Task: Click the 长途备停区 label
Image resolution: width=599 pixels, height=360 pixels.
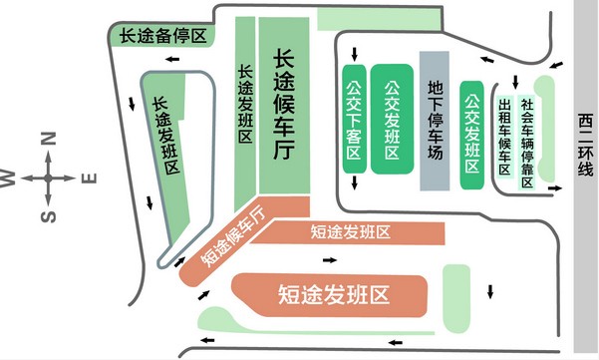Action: click(161, 35)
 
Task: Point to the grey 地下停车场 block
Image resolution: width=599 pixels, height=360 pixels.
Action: click(435, 121)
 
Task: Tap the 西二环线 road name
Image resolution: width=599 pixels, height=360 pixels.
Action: click(584, 150)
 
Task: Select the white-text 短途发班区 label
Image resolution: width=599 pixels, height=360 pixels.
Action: click(331, 294)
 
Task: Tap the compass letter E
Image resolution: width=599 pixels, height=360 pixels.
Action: click(88, 179)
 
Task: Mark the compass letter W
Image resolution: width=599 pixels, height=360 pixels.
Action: click(9, 179)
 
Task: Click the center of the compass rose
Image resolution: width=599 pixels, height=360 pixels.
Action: click(47, 179)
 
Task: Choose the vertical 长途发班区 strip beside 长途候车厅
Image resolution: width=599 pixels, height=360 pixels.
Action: click(245, 110)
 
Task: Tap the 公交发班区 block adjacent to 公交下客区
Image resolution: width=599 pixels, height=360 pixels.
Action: click(392, 121)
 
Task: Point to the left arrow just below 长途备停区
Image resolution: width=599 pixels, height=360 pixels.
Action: click(174, 61)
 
